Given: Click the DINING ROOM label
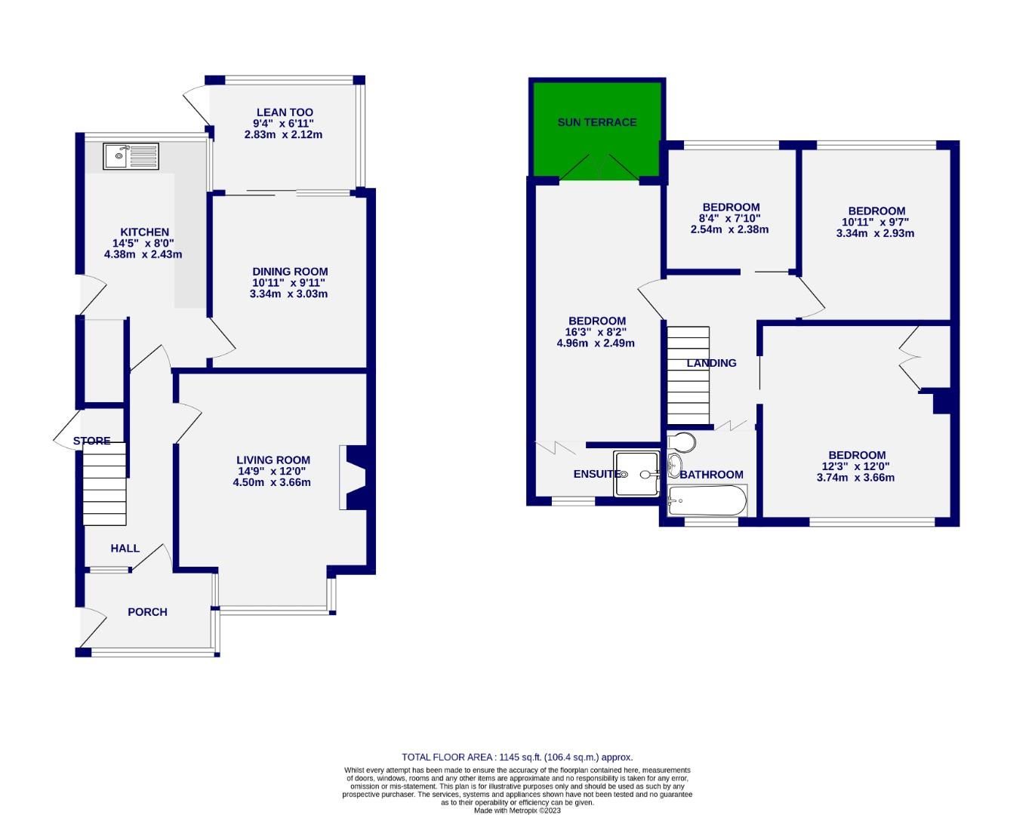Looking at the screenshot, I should pyautogui.click(x=290, y=272).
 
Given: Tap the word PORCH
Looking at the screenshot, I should pyautogui.click(x=147, y=612).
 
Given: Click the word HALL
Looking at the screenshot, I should pyautogui.click(x=125, y=548).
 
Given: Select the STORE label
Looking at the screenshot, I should pyautogui.click(x=92, y=441).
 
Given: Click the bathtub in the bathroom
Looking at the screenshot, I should pyautogui.click(x=708, y=500).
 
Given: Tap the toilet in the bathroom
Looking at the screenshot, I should pyautogui.click(x=682, y=440).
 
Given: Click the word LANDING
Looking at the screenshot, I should pyautogui.click(x=711, y=363).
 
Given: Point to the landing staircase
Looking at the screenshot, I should pyautogui.click(x=688, y=375).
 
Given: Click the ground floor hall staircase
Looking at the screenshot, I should pyautogui.click(x=104, y=489).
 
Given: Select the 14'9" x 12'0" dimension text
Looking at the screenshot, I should pyautogui.click(x=273, y=471).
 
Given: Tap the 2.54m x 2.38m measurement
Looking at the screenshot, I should pyautogui.click(x=729, y=229).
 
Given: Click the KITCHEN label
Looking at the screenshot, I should pyautogui.click(x=144, y=232).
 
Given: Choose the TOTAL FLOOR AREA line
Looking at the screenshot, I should pyautogui.click(x=517, y=757).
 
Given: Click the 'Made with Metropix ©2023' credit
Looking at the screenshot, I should pyautogui.click(x=517, y=810).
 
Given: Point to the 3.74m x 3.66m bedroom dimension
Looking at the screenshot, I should pyautogui.click(x=857, y=477).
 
